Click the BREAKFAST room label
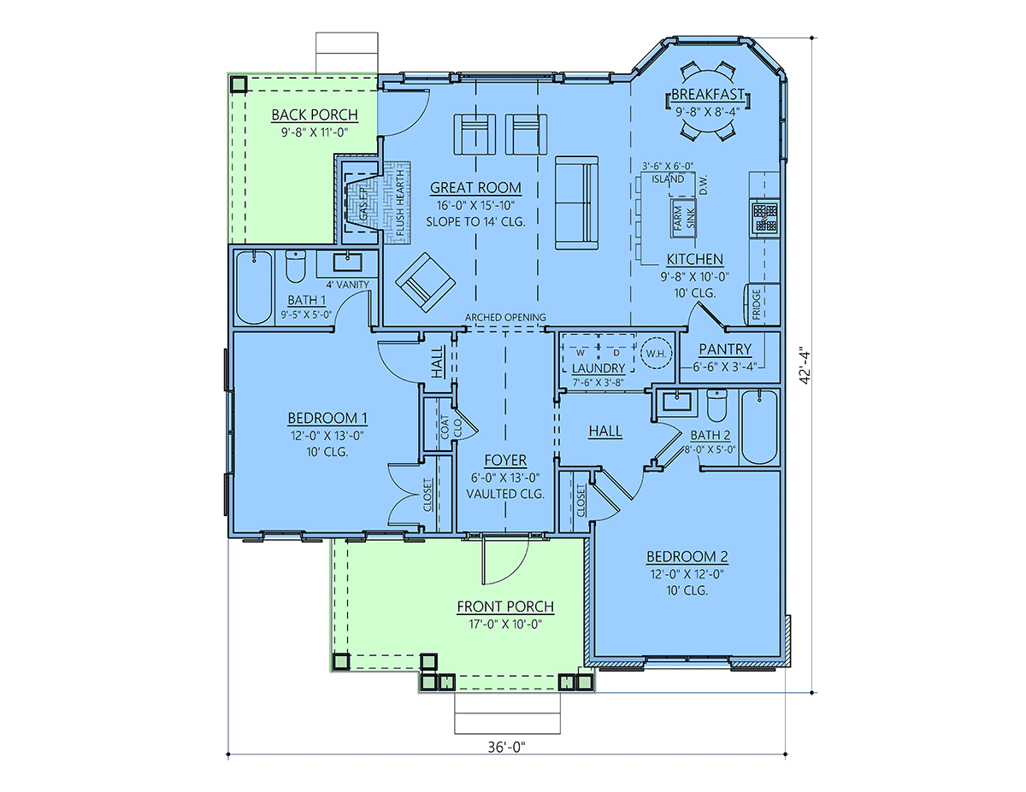[x=708, y=94]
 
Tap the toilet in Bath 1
[x=296, y=266]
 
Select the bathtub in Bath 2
[x=759, y=427]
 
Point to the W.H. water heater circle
[x=656, y=354]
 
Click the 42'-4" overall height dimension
[x=805, y=367]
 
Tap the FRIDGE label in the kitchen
[x=757, y=304]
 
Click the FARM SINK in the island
[x=684, y=218]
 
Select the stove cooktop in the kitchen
[x=764, y=218]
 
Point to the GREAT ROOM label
[x=475, y=188]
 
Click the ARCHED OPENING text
[x=505, y=318]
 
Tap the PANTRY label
[x=725, y=349]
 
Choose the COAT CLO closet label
[x=451, y=427]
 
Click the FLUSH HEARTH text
[x=400, y=203]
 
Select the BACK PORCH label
[x=315, y=114]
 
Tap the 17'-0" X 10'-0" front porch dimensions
[x=505, y=624]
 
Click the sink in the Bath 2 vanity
[x=677, y=402]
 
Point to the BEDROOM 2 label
[x=687, y=556]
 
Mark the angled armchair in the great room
[x=426, y=283]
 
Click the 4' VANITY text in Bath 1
[x=347, y=285]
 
